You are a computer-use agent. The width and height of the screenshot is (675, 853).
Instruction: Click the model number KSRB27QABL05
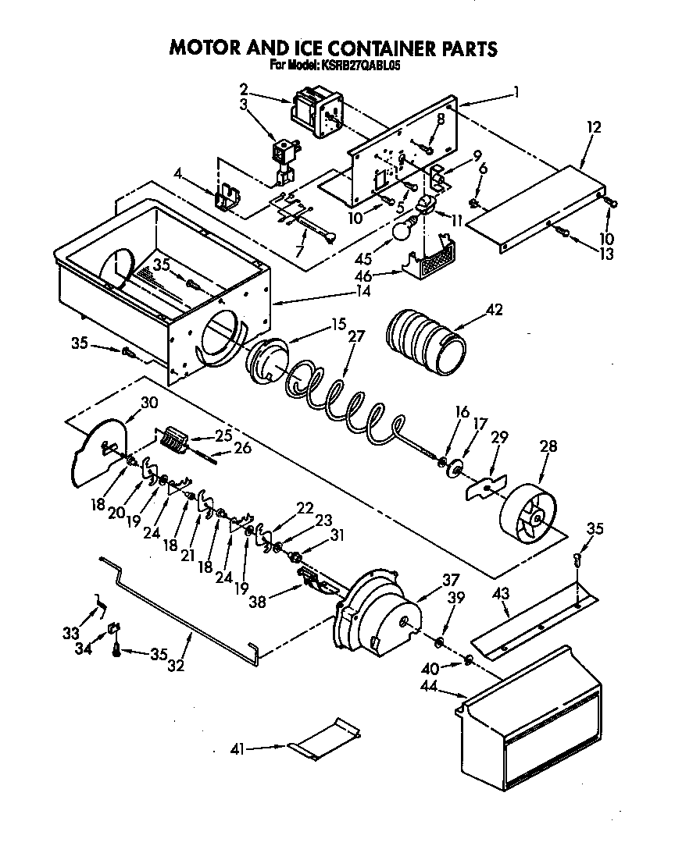tap(360, 67)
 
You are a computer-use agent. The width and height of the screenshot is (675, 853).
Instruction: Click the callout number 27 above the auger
tap(355, 336)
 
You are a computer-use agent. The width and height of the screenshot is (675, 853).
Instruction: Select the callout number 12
tap(593, 126)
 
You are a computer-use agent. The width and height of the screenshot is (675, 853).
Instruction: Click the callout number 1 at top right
tap(516, 91)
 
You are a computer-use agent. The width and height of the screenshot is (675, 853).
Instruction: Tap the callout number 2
tap(244, 88)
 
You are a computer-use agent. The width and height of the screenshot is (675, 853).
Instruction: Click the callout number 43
tap(502, 593)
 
